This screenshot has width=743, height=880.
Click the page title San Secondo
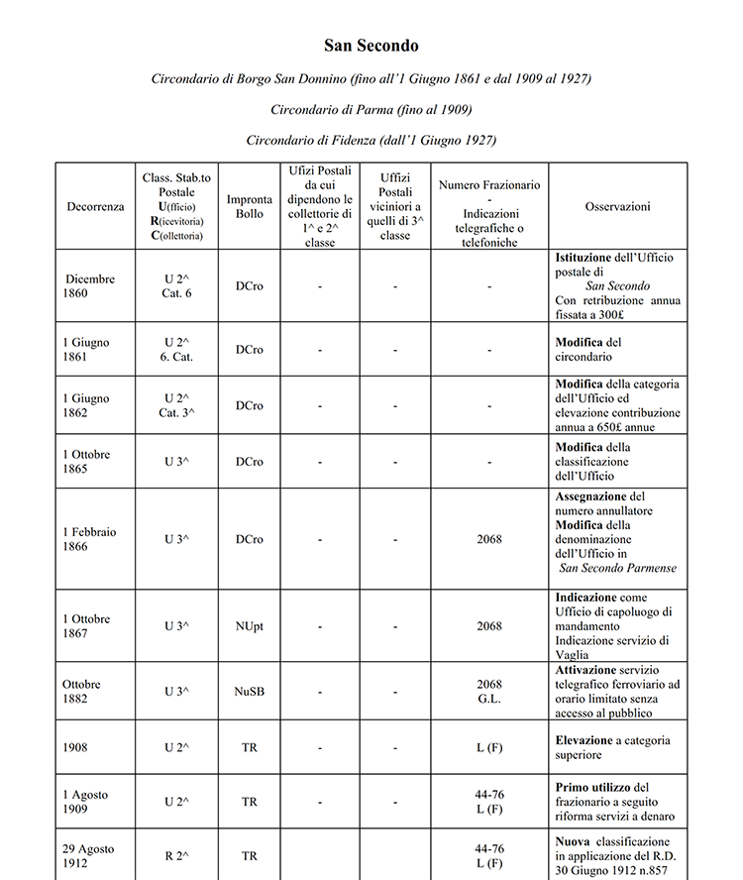pyautogui.click(x=371, y=46)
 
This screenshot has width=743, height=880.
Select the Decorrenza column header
pyautogui.click(x=95, y=206)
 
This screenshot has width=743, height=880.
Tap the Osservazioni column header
pyautogui.click(x=617, y=206)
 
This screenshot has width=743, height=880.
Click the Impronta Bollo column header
pyautogui.click(x=250, y=206)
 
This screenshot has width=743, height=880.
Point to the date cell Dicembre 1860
pyautogui.click(x=90, y=285)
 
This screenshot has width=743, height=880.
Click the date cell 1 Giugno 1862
pyautogui.click(x=86, y=405)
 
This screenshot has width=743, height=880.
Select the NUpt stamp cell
pyautogui.click(x=250, y=626)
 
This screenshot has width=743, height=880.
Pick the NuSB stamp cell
pyautogui.click(x=250, y=691)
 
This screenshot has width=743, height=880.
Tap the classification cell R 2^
pyautogui.click(x=176, y=856)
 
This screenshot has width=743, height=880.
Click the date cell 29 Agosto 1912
pyautogui.click(x=88, y=856)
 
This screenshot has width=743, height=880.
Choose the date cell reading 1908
pyautogui.click(x=75, y=747)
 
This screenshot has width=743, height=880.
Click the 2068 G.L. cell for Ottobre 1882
pyautogui.click(x=489, y=691)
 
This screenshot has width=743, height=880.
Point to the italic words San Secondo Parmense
pyautogui.click(x=618, y=568)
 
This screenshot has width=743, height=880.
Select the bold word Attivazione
pyautogui.click(x=590, y=670)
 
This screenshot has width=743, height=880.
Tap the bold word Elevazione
pyautogui.click(x=588, y=740)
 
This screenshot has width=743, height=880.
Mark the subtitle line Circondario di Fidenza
pyautogui.click(x=371, y=140)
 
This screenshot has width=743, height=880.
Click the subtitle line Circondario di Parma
pyautogui.click(x=371, y=109)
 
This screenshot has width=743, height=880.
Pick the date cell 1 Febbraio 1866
pyautogui.click(x=89, y=539)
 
